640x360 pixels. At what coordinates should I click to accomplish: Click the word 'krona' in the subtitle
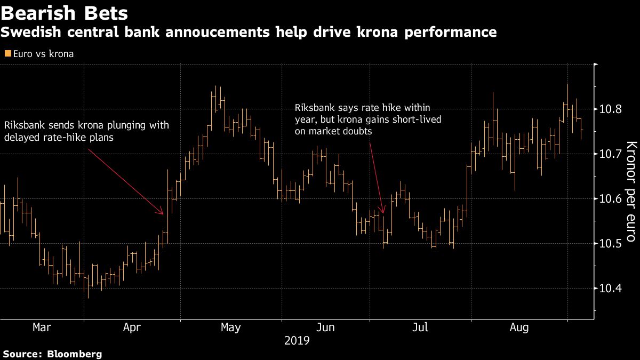coord(360,32)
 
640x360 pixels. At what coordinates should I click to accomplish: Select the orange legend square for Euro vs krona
coord(7,54)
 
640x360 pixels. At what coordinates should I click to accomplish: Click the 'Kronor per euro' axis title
coord(630,192)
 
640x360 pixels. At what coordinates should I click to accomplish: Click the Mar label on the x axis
coord(42,327)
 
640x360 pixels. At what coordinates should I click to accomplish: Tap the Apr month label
coord(132,327)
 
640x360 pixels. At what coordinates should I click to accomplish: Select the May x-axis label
coord(230,327)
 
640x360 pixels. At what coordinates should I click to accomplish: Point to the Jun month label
coord(325,327)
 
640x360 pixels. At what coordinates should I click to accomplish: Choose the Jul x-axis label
coord(420,327)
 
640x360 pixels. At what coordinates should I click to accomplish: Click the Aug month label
coord(518,327)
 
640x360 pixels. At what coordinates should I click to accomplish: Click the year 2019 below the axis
coord(297,340)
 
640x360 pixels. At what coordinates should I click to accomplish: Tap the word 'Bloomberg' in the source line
coord(75,354)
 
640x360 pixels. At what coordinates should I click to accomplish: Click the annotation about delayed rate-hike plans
coord(86,131)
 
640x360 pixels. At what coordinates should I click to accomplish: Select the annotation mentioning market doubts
coord(368,119)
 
